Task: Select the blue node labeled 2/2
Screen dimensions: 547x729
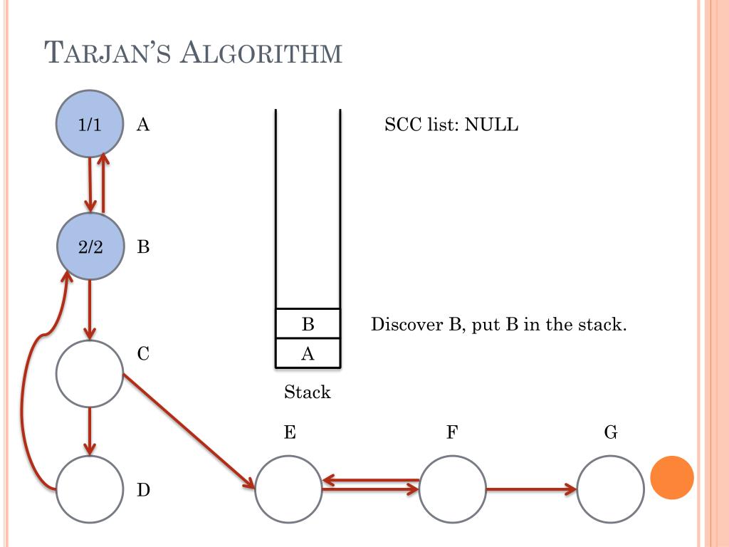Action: point(90,246)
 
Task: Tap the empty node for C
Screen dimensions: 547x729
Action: point(90,373)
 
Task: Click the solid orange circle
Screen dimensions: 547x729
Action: point(672,477)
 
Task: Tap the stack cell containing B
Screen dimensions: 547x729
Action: point(308,324)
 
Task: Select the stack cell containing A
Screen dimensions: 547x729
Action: point(308,353)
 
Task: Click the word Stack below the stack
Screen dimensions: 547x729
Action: point(308,392)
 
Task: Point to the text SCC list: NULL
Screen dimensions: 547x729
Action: point(451,126)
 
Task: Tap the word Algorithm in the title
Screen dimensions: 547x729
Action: point(261,53)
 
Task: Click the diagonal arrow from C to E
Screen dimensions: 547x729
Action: point(189,429)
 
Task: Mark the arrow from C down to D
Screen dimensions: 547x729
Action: point(90,430)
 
